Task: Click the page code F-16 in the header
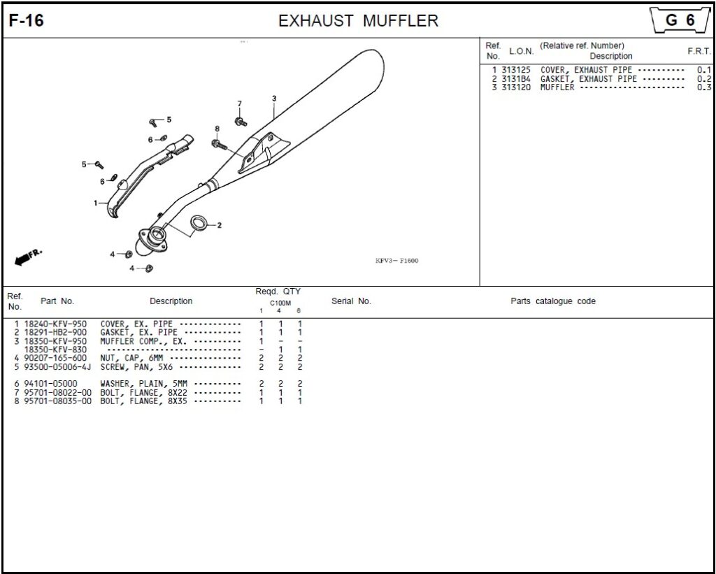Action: click(26, 20)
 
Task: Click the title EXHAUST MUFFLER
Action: click(358, 20)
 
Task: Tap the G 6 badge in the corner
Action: click(680, 20)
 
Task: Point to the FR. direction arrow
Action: click(28, 257)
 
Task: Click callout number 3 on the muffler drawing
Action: click(274, 98)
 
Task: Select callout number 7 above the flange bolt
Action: click(239, 103)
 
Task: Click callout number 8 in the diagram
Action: click(217, 129)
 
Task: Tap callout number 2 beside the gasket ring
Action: click(219, 224)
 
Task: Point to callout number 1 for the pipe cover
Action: click(96, 203)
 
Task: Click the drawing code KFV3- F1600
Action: click(396, 261)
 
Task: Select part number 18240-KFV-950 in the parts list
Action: click(55, 324)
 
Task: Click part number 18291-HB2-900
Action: click(55, 332)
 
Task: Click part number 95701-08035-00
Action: click(57, 401)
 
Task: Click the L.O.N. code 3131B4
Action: click(516, 78)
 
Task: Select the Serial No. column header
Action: click(351, 301)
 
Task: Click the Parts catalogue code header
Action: click(553, 301)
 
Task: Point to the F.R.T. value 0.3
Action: click(704, 87)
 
